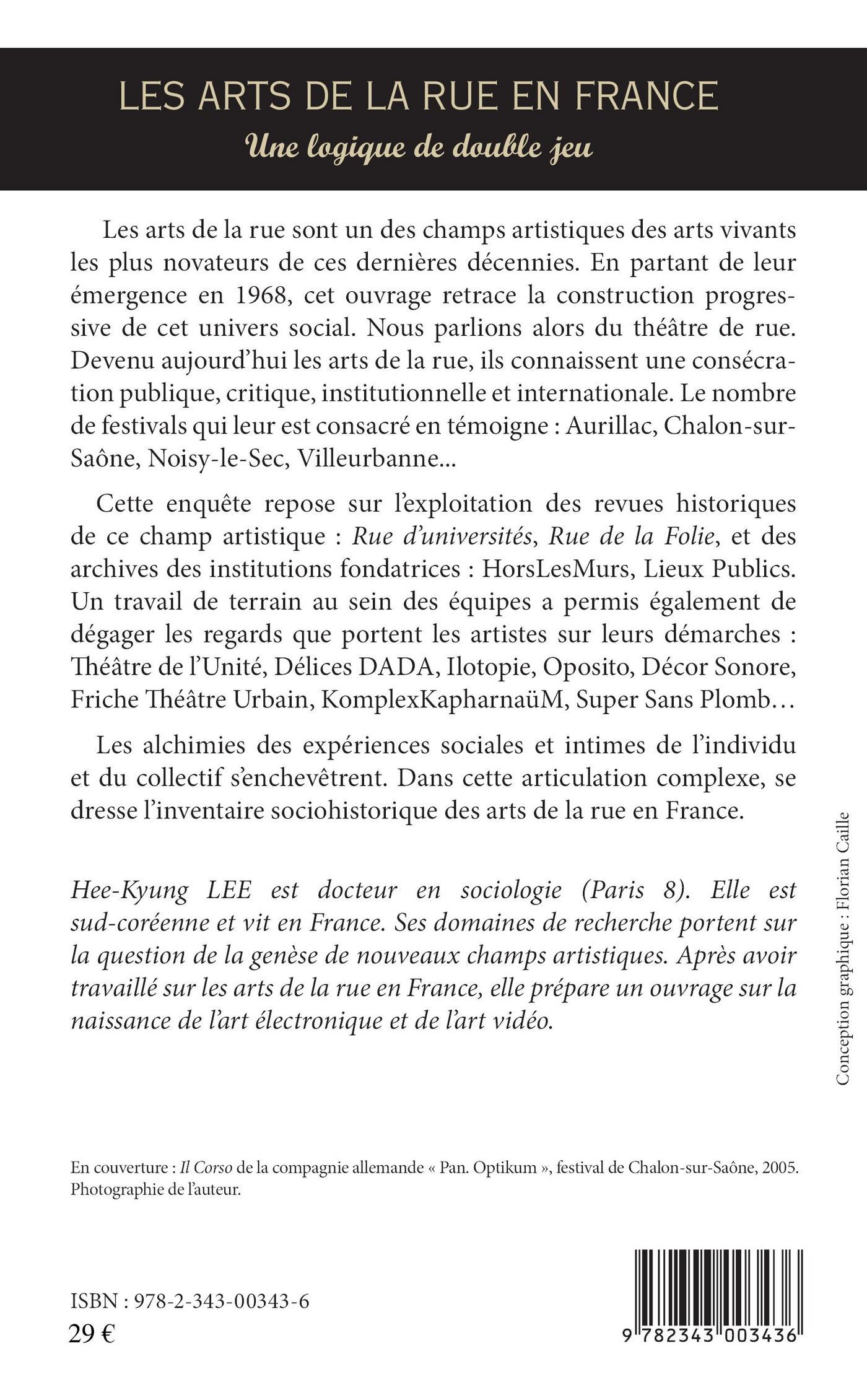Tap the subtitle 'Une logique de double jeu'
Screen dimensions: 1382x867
click(x=419, y=148)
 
